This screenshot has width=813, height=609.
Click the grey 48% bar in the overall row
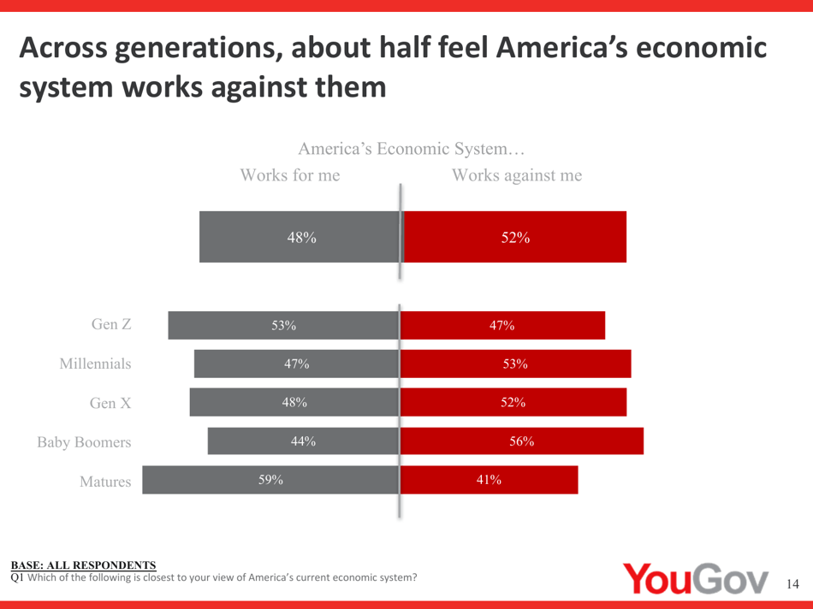tap(300, 237)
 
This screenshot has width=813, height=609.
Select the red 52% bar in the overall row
tap(514, 237)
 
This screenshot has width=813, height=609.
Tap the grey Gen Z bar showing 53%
tap(283, 325)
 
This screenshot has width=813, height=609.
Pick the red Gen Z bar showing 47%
tap(502, 325)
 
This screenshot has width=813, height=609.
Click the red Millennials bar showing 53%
tap(515, 364)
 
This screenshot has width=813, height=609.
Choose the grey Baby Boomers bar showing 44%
tap(303, 441)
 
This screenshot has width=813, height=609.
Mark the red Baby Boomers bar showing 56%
tap(521, 441)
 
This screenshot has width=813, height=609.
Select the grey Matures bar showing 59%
tap(270, 480)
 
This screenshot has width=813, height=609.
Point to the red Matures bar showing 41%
tap(489, 480)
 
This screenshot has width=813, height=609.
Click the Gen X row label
tap(110, 403)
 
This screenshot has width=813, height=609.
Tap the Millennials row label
tap(95, 364)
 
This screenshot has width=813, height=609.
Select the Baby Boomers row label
tap(84, 442)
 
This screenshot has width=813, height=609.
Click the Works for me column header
tap(290, 176)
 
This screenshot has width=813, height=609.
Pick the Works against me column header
tap(517, 176)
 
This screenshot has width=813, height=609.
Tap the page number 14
tap(792, 584)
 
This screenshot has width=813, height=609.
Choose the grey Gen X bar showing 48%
tap(294, 403)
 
